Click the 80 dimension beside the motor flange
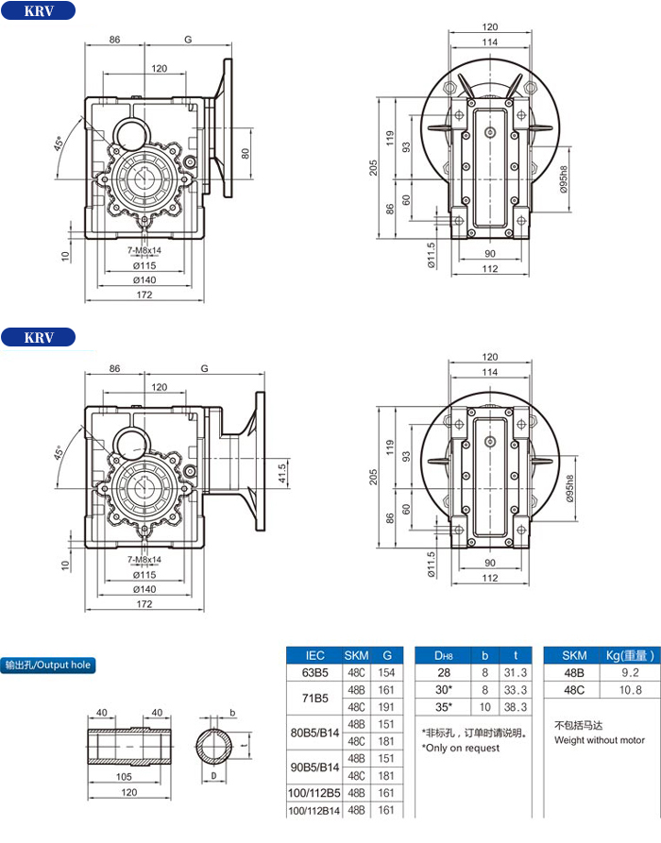246,154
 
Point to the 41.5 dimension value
281,474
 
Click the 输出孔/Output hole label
48,665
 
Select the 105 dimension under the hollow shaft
124,776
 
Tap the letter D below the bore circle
213,776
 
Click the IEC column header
314,655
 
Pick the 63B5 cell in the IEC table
314,672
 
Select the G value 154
386,672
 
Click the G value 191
386,707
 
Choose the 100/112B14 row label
314,810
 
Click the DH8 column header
443,655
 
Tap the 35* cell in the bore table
443,707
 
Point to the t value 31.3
516,672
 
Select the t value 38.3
516,707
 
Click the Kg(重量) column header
630,655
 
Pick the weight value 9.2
630,672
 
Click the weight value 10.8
630,690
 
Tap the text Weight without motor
599,740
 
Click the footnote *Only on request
461,748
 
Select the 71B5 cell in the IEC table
314,699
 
